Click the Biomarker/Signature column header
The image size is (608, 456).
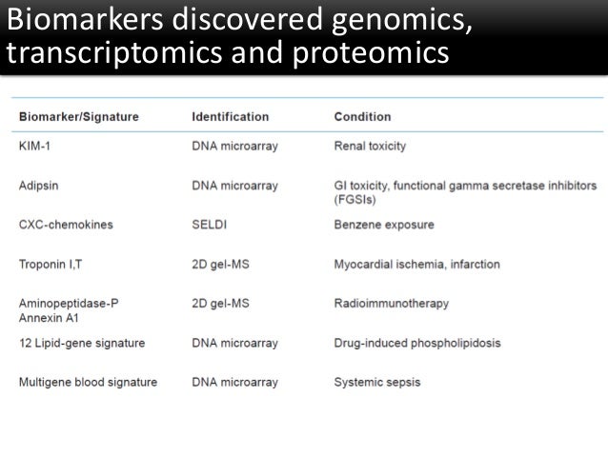tap(78, 117)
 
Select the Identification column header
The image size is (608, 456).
tap(230, 117)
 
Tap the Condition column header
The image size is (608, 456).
tap(362, 117)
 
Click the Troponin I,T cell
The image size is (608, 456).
tap(52, 264)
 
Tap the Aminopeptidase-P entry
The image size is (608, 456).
tap(69, 303)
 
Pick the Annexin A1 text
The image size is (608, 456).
tap(49, 317)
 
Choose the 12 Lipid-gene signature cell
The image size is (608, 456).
tap(81, 342)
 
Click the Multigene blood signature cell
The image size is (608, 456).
tap(88, 382)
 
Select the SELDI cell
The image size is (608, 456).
tap(209, 225)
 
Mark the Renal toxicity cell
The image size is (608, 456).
tap(370, 147)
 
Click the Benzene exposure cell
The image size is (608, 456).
tap(383, 225)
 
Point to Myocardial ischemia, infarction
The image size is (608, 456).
tap(416, 264)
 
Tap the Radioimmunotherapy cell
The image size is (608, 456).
tap(391, 303)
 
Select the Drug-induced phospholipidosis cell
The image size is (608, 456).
tap(416, 342)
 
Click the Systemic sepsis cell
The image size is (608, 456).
tap(376, 382)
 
